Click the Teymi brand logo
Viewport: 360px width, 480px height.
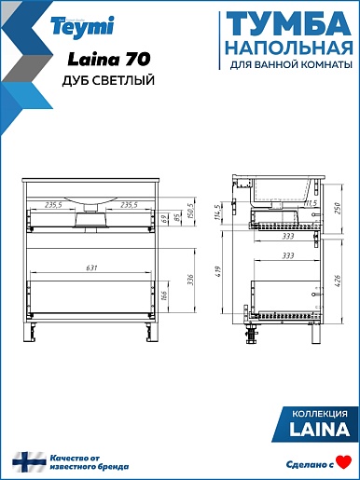pyautogui.click(x=82, y=27)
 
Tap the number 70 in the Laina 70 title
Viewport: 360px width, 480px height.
pyautogui.click(x=138, y=59)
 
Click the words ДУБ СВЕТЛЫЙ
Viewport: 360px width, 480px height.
pyautogui.click(x=108, y=80)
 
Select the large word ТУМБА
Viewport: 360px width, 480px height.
pyautogui.click(x=288, y=24)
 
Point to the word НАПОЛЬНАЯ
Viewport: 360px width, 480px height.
pyautogui.click(x=289, y=48)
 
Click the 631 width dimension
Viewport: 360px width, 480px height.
pyautogui.click(x=91, y=267)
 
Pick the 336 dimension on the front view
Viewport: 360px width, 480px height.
pyautogui.click(x=190, y=280)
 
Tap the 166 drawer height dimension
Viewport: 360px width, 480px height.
pyautogui.click(x=164, y=296)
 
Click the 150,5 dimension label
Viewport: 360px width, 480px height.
pyautogui.click(x=190, y=212)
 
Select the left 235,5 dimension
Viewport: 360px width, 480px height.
pyautogui.click(x=53, y=205)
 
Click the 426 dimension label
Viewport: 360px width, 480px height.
pyautogui.click(x=338, y=281)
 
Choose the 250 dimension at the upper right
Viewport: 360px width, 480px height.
pyautogui.click(x=338, y=208)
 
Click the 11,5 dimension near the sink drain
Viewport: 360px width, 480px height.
pyautogui.click(x=310, y=203)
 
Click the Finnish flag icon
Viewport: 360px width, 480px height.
pyautogui.click(x=29, y=462)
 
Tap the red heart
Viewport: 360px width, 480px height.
pyautogui.click(x=344, y=462)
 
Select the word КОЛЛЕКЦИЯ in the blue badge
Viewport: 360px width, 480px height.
pyautogui.click(x=320, y=414)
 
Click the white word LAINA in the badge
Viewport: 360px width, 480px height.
pyautogui.click(x=320, y=429)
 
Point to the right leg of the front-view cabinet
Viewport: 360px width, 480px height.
pyautogui.click(x=151, y=332)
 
